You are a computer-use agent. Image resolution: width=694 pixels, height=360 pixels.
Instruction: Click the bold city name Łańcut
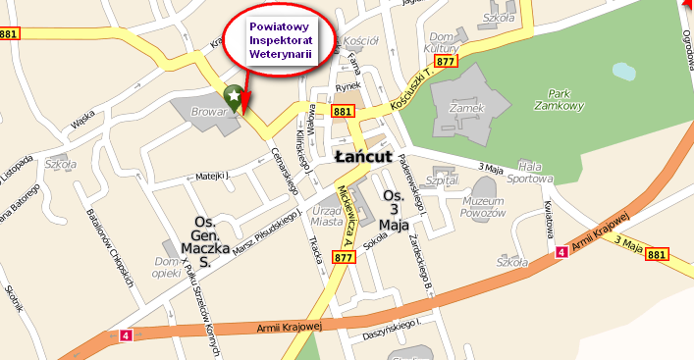click(363, 157)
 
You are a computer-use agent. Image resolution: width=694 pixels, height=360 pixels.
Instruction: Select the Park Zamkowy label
click(561, 99)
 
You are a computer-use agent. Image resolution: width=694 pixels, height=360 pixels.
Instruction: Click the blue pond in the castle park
click(623, 72)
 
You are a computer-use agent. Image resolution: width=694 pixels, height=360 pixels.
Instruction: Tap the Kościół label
click(362, 40)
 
